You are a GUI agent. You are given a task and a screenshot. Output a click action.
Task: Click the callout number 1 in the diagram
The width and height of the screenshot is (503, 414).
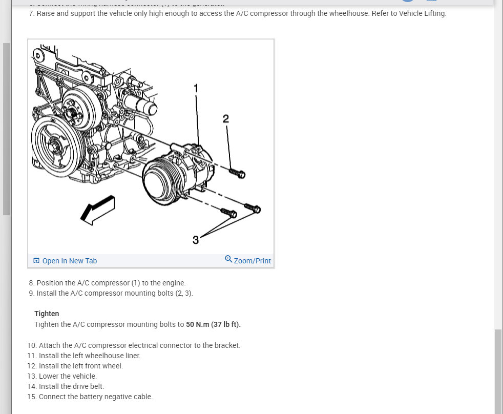[x=195, y=88]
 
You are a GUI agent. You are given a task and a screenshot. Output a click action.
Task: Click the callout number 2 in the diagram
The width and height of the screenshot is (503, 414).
[x=226, y=119]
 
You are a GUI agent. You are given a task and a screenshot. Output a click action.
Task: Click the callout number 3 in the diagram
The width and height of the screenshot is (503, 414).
[x=196, y=239]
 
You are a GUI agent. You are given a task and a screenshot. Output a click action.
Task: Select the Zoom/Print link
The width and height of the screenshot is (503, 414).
[x=252, y=261]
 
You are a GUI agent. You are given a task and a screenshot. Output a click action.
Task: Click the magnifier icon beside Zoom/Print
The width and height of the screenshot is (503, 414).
[x=228, y=259]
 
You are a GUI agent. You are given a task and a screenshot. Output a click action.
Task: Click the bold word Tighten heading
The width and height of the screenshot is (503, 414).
[x=47, y=314]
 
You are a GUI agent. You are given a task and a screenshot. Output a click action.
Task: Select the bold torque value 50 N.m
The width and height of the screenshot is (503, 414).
[x=197, y=324]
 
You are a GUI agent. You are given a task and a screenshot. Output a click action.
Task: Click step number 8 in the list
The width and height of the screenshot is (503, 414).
[x=32, y=283]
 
